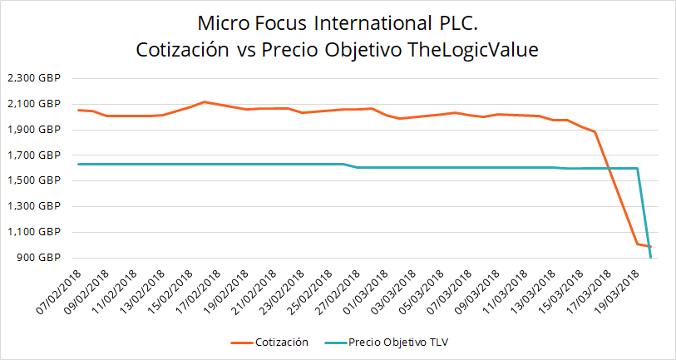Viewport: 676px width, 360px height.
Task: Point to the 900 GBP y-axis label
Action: click(34, 258)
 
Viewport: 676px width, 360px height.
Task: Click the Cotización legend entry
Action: click(274, 342)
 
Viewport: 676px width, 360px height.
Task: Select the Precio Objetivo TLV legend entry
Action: click(390, 342)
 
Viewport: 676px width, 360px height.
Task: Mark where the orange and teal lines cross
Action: click(609, 169)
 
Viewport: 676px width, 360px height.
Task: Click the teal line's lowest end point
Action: click(650, 258)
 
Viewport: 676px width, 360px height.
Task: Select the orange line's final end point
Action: click(650, 246)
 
